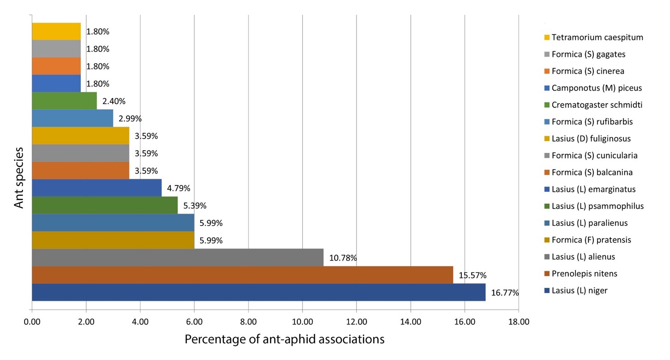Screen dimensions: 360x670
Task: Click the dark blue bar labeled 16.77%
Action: coord(258,292)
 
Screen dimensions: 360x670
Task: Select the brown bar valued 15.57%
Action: coord(242,275)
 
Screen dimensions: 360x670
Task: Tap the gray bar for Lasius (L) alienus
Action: coord(178,257)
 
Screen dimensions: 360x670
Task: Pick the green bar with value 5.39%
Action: coord(104,205)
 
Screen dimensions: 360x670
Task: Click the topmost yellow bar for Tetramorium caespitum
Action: coord(57,31)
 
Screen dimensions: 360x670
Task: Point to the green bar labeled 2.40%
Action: coord(65,101)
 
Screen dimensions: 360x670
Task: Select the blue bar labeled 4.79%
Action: coord(96,188)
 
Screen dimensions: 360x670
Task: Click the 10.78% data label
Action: coord(343,258)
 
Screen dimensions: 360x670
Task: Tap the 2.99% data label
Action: coord(130,119)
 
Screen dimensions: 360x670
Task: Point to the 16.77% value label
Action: coord(505,293)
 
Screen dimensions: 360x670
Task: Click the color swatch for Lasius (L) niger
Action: coord(546,291)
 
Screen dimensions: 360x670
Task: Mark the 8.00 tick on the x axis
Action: coord(248,321)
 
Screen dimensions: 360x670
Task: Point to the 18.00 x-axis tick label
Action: coord(518,321)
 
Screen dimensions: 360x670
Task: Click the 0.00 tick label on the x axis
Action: coord(32,321)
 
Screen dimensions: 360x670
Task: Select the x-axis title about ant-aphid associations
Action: coord(284,339)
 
